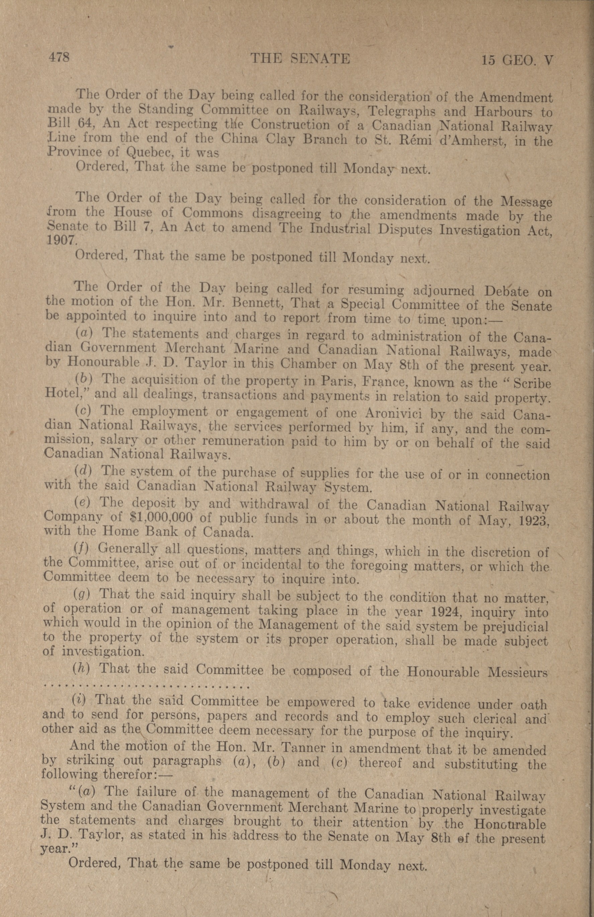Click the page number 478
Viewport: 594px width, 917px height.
pyautogui.click(x=59, y=58)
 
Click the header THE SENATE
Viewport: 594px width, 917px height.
pyautogui.click(x=300, y=59)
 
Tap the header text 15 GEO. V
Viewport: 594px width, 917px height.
pyautogui.click(x=517, y=61)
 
